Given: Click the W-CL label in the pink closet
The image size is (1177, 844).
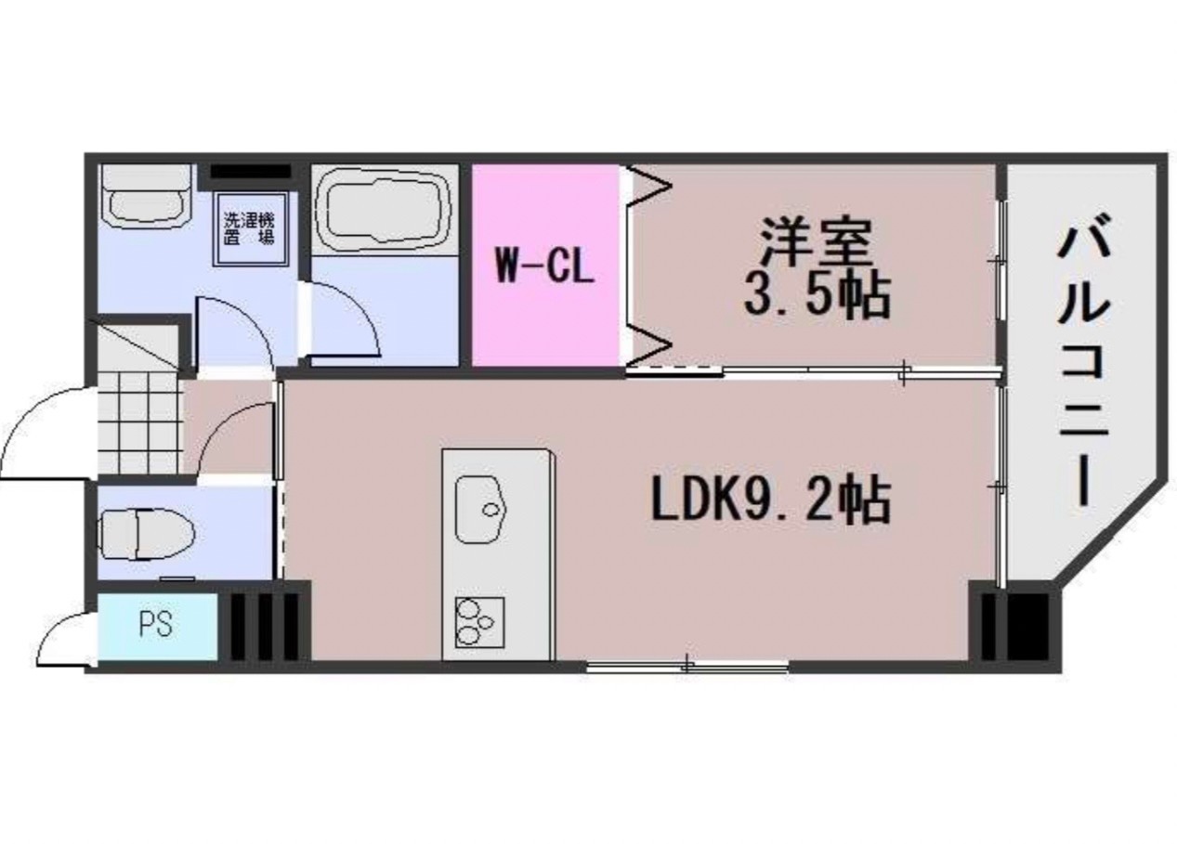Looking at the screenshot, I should tap(543, 268).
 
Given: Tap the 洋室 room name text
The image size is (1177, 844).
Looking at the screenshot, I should tap(816, 241).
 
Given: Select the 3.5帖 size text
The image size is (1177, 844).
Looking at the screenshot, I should tap(816, 297).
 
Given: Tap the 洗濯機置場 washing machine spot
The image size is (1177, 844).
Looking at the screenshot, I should tap(248, 227).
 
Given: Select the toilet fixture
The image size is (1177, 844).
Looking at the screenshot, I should tap(147, 534).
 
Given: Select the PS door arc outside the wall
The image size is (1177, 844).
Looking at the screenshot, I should tap(65, 641).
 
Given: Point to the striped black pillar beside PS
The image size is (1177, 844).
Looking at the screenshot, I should tap(264, 624).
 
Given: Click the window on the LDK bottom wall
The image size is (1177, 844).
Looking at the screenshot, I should tap(687, 665).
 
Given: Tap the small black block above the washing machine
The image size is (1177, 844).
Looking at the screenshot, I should tap(250, 171).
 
